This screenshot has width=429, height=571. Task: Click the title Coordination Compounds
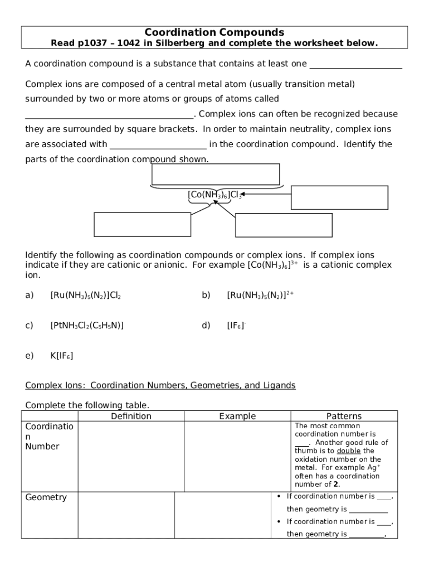214,32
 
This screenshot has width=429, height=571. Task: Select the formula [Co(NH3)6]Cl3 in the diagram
214,195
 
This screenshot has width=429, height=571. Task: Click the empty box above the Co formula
215,174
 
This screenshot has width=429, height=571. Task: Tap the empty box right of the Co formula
339,197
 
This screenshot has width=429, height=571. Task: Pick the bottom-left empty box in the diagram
143,224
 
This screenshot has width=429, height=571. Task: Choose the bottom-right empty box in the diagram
284,225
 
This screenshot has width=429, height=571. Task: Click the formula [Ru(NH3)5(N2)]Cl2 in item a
86,296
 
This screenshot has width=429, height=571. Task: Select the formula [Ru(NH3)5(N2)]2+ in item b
260,295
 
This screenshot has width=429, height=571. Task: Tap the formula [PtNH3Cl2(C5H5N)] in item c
87,325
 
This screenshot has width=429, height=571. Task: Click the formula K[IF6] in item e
62,355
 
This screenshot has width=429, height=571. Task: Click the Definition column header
131,416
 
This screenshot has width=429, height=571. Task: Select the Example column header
237,416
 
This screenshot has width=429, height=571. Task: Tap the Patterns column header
344,416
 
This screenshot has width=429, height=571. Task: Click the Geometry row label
46,497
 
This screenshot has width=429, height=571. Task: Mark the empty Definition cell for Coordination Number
131,456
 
